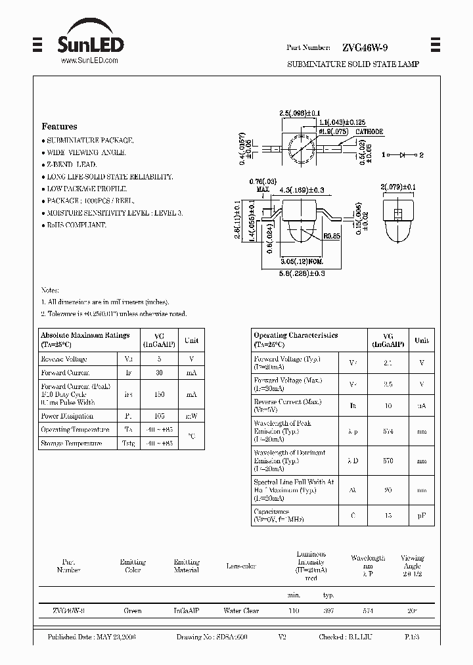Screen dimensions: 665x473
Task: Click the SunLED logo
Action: coord(89,45)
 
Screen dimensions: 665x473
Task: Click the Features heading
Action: coord(59,126)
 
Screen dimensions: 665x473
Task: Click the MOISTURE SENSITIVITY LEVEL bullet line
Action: coord(112,213)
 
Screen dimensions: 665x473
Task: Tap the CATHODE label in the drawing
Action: coord(369,131)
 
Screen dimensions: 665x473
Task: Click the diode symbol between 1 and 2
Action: coord(402,155)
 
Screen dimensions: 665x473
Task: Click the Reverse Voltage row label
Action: coord(64,359)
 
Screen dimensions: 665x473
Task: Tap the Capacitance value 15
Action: coord(388,516)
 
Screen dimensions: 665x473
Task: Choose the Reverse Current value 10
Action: coord(388,406)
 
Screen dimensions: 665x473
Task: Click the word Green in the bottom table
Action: coord(132,610)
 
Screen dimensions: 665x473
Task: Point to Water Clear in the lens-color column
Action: coord(241,610)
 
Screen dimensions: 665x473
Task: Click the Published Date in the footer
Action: coord(91,637)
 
